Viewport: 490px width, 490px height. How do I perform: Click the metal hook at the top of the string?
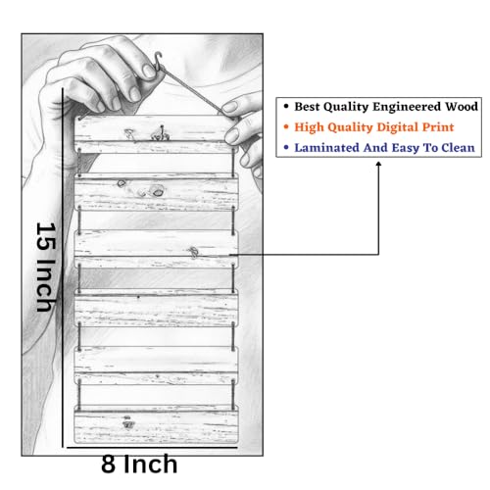pyautogui.click(x=159, y=61)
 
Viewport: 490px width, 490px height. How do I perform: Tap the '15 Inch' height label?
pyautogui.click(x=46, y=267)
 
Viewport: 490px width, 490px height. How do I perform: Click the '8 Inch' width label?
pyautogui.click(x=139, y=464)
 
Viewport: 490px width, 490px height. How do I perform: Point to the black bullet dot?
pyautogui.click(x=286, y=107)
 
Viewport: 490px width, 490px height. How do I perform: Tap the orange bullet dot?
pyautogui.click(x=286, y=126)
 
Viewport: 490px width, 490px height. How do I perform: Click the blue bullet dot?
pyautogui.click(x=286, y=147)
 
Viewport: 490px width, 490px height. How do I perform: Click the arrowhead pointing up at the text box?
pyautogui.click(x=378, y=165)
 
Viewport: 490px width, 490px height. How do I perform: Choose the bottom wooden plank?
pyautogui.click(x=156, y=424)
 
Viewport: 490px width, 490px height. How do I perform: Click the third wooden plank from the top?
pyautogui.click(x=156, y=249)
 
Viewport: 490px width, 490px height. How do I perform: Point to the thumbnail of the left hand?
pyautogui.click(x=149, y=72)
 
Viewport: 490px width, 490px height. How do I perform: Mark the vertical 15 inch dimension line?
pyautogui.click(x=63, y=268)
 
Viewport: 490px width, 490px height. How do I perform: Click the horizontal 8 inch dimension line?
pyautogui.click(x=152, y=448)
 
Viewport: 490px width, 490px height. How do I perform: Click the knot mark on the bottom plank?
pyautogui.click(x=127, y=422)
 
